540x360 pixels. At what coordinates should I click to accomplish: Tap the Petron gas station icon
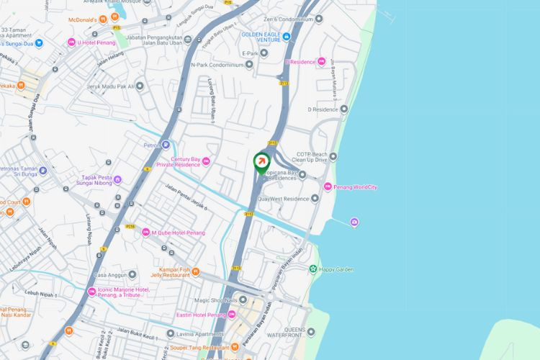point(166,145)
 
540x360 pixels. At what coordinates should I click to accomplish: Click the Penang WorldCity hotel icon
point(328,187)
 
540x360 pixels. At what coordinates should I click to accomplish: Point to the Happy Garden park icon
point(313,269)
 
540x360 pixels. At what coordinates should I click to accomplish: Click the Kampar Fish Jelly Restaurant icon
point(195,271)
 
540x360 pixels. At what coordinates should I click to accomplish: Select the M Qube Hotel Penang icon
point(145,233)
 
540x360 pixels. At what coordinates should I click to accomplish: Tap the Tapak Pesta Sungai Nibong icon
point(117,179)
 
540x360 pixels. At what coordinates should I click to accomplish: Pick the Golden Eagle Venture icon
point(287,37)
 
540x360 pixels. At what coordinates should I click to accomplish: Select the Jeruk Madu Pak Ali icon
point(140,86)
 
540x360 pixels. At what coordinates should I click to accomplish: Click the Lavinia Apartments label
point(199,334)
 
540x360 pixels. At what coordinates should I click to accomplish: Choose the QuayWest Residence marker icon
point(315,199)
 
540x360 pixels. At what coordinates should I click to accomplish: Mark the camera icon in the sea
point(354,222)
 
